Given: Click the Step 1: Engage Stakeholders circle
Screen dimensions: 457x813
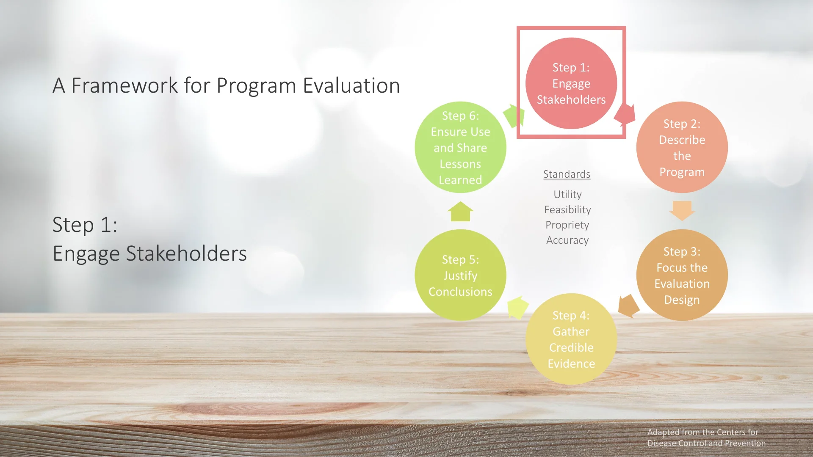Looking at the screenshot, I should (x=571, y=83).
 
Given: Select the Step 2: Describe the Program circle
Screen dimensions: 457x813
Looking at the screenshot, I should (x=682, y=147).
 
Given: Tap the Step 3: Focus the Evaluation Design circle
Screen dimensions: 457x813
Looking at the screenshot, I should (x=682, y=275).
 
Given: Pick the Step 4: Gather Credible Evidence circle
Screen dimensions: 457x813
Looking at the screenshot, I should (x=571, y=339).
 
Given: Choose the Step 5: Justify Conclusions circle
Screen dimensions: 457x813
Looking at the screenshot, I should (x=460, y=275).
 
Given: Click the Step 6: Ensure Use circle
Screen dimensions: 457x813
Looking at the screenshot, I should (x=460, y=147).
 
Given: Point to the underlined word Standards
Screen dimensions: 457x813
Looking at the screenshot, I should (x=567, y=174).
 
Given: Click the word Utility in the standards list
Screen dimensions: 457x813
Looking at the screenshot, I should (x=567, y=194).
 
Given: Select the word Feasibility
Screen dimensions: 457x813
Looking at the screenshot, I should (x=567, y=209).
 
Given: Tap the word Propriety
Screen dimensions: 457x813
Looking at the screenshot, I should (x=567, y=225).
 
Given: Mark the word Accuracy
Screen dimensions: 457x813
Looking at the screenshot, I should (x=567, y=240).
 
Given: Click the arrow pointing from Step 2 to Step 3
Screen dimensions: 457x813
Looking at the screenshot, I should (x=682, y=210).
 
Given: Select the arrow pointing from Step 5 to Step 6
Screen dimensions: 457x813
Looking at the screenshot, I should (x=460, y=212).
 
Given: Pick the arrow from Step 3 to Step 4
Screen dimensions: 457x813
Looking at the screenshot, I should (x=628, y=306).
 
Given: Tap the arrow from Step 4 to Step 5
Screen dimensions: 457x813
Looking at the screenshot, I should (x=517, y=307).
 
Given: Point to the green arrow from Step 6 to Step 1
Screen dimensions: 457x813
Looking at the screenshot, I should (x=514, y=115).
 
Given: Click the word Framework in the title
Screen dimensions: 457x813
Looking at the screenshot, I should (x=124, y=85).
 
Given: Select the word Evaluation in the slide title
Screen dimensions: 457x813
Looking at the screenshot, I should (x=351, y=85).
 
